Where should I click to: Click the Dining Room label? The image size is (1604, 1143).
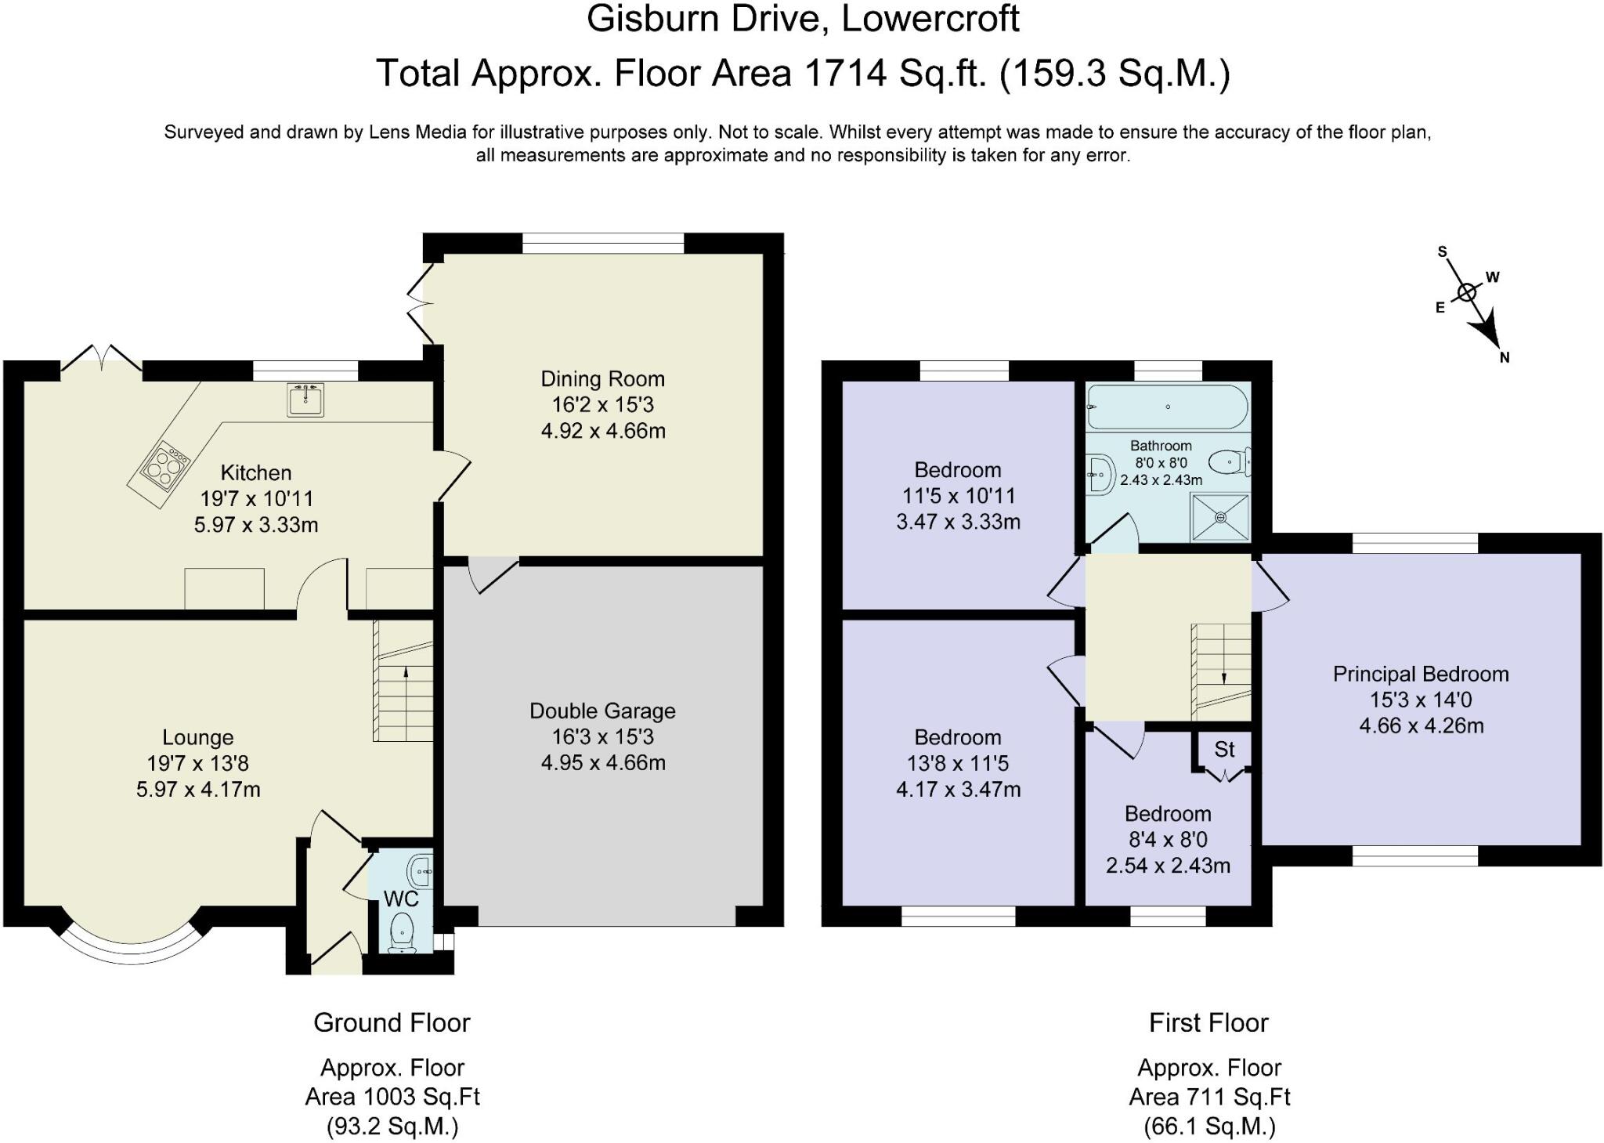pos(602,379)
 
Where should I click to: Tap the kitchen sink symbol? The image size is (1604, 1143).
pos(305,400)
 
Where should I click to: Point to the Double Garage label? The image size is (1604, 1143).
pos(602,711)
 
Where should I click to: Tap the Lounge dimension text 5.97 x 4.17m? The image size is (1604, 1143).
pos(198,790)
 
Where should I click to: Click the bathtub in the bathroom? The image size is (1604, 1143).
pos(1167,407)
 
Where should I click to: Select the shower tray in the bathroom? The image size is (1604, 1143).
pos(1220,517)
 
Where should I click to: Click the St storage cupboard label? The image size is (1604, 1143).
pos(1224,750)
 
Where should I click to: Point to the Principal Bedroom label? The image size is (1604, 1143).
pos(1421,675)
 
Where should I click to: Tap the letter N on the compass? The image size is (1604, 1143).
pos(1505,358)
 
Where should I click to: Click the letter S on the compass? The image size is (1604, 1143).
pos(1442,252)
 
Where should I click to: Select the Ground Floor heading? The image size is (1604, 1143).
pos(392,1023)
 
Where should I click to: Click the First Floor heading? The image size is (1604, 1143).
pos(1208,1023)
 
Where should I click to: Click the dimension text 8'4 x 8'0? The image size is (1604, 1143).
pos(1168,840)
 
